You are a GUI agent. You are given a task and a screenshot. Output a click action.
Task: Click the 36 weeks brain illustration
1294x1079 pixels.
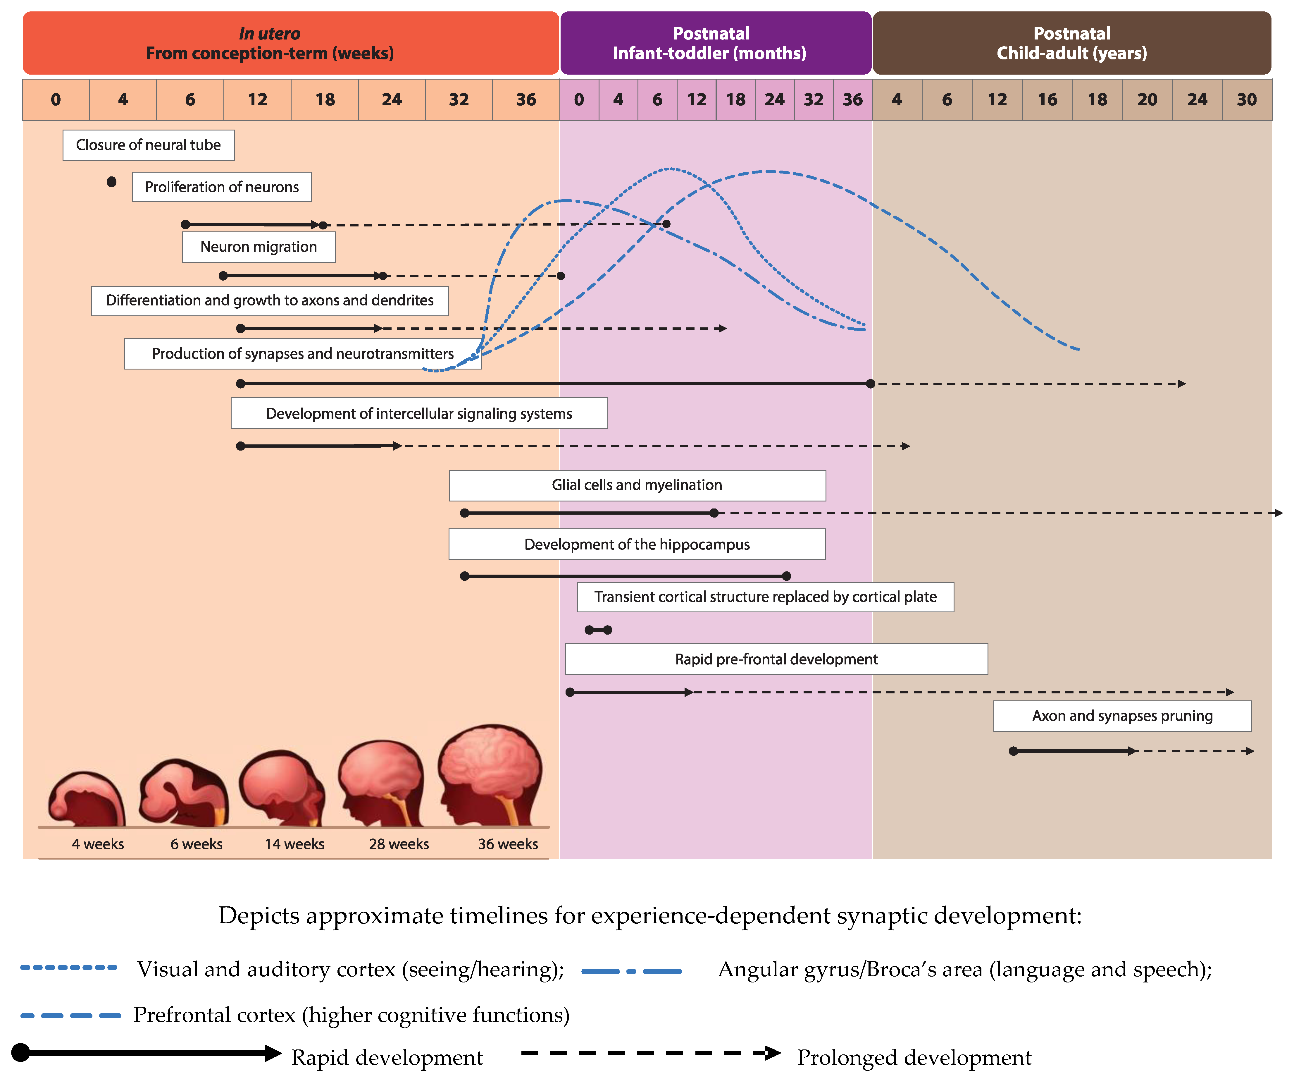click(x=491, y=776)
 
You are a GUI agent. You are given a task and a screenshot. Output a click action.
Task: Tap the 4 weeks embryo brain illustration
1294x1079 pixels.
click(x=87, y=799)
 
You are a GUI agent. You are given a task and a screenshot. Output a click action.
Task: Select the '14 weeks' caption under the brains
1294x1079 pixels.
click(x=294, y=844)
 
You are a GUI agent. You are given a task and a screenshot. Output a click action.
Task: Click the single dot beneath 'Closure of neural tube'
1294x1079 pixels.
click(x=111, y=182)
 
